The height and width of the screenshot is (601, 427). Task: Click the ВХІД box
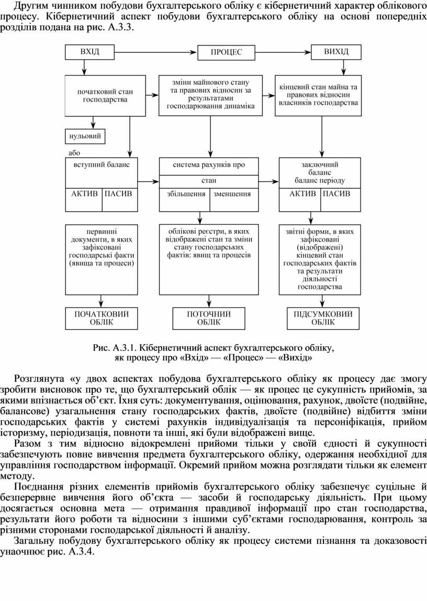(89, 52)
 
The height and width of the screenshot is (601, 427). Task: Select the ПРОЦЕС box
(226, 52)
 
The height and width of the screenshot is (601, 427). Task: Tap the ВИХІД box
(335, 52)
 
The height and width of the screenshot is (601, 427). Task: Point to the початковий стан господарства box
(105, 95)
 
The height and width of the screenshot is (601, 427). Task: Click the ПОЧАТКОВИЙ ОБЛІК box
(102, 318)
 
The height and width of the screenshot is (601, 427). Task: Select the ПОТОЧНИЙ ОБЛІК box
(209, 318)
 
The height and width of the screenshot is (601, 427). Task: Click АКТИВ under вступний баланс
(84, 194)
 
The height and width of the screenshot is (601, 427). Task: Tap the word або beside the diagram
(74, 153)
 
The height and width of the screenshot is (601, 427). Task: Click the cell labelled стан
(209, 181)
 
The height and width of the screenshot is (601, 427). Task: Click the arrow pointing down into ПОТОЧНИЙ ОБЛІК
(209, 302)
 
